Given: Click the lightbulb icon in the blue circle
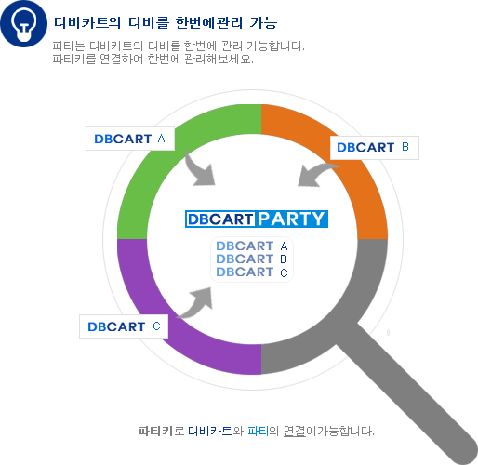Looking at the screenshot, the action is (x=24, y=24).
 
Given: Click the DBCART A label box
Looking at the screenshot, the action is (x=130, y=139).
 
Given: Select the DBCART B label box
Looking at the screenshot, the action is (x=375, y=148).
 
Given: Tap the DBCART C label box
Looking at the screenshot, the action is (x=124, y=326).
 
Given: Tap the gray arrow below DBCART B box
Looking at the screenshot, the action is (x=317, y=174).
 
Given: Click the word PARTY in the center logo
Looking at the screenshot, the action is (x=292, y=219).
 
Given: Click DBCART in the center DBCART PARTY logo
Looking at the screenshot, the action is (x=220, y=219).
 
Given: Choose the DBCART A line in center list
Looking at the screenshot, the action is (x=252, y=246).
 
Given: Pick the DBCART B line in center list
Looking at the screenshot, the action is (x=252, y=259).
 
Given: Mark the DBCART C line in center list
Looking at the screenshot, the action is (x=252, y=272).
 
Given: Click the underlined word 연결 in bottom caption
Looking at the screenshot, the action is (x=295, y=431).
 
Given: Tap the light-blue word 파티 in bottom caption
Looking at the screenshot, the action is (x=259, y=431).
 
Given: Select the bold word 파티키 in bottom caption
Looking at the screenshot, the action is (x=155, y=431).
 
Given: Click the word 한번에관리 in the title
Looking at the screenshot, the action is (x=209, y=22).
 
